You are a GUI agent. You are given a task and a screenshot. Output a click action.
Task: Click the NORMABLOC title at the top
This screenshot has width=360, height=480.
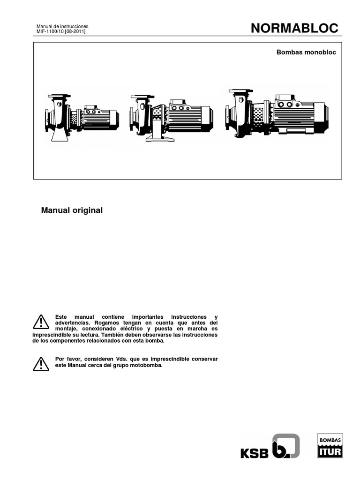click(294, 28)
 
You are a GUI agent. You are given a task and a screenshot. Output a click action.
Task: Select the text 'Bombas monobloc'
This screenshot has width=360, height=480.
click(306, 52)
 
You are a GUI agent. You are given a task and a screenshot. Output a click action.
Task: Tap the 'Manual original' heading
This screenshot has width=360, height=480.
click(72, 210)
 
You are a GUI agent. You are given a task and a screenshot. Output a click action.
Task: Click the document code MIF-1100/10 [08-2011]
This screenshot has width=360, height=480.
click(61, 31)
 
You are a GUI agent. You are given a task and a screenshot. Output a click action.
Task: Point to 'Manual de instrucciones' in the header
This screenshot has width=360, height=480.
click(62, 26)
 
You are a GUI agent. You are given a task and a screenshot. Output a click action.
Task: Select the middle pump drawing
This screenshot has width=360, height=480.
click(171, 117)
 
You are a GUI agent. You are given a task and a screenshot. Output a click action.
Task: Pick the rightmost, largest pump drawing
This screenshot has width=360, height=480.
click(277, 113)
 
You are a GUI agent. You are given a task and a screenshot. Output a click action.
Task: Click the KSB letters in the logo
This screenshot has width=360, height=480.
click(255, 453)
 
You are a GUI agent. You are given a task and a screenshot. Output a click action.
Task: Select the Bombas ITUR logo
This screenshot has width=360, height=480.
click(330, 446)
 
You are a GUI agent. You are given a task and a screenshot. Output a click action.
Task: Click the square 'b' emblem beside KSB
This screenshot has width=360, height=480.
click(286, 446)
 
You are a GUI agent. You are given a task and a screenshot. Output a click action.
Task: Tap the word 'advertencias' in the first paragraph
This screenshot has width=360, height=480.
click(71, 323)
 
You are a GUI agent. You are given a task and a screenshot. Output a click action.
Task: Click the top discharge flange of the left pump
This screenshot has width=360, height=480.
click(59, 96)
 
